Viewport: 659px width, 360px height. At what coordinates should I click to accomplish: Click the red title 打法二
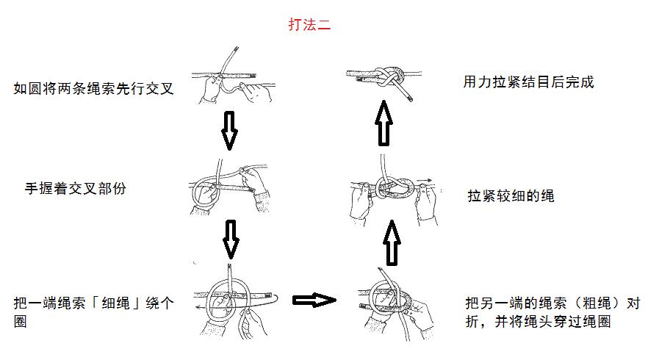309,24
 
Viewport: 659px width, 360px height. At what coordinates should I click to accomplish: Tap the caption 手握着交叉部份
75,188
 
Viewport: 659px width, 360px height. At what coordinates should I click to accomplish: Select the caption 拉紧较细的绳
511,196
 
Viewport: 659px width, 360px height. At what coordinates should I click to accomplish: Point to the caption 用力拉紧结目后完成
528,82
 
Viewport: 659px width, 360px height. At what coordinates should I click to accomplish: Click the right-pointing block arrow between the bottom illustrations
314,300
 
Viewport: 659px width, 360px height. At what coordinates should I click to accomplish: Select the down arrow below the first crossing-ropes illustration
230,130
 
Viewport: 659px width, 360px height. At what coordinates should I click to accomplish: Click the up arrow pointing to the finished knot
384,123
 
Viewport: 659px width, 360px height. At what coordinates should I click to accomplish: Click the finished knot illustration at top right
384,79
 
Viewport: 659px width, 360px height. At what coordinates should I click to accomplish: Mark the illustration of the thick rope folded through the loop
392,301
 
